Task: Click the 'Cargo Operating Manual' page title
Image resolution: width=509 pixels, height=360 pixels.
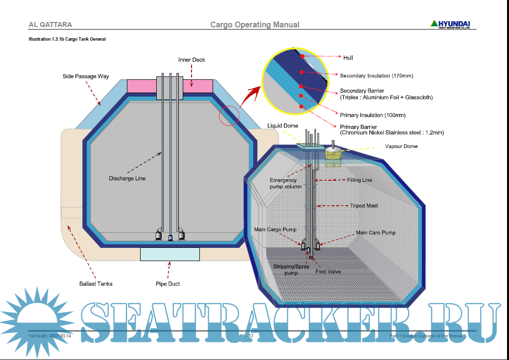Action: coord(255,24)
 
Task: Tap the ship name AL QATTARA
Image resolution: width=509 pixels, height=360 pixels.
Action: coord(50,24)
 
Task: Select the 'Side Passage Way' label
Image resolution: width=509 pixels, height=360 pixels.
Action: coord(86,76)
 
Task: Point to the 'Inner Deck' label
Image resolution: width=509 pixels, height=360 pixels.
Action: coord(192,60)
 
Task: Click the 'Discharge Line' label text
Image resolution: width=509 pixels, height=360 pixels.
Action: coord(127,178)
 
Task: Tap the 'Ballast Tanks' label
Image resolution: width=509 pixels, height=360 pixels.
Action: coord(96,284)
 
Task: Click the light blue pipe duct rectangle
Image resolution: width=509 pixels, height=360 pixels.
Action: coord(170,254)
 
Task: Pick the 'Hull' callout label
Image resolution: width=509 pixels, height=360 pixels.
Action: coord(348,58)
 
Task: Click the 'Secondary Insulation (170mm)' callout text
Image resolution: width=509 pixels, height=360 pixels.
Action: coord(376,76)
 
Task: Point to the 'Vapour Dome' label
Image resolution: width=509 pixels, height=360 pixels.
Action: coord(401,146)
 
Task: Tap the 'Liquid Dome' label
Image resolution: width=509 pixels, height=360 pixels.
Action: coord(283,126)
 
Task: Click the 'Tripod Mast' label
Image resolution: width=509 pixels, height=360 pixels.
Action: coord(364,206)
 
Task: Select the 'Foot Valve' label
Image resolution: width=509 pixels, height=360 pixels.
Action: coord(328,271)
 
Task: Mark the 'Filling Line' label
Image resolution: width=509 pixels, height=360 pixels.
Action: coord(360,180)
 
